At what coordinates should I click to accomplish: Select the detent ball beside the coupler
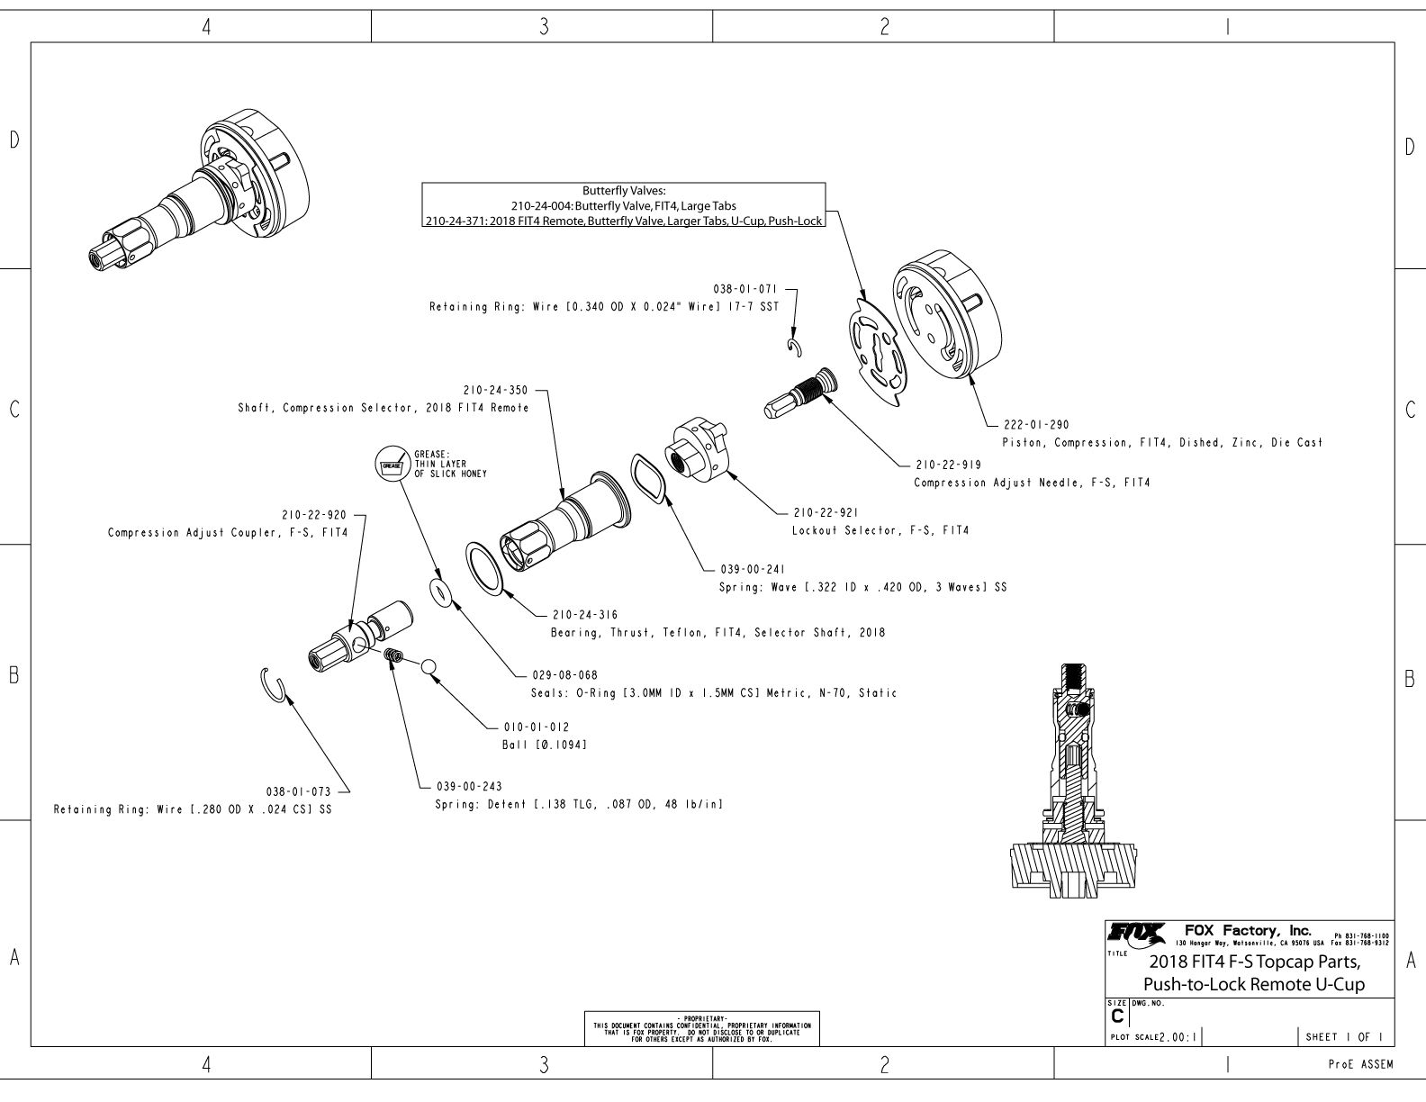(429, 666)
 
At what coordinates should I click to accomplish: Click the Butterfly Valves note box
(624, 205)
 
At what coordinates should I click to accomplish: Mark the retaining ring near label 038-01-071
(794, 348)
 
